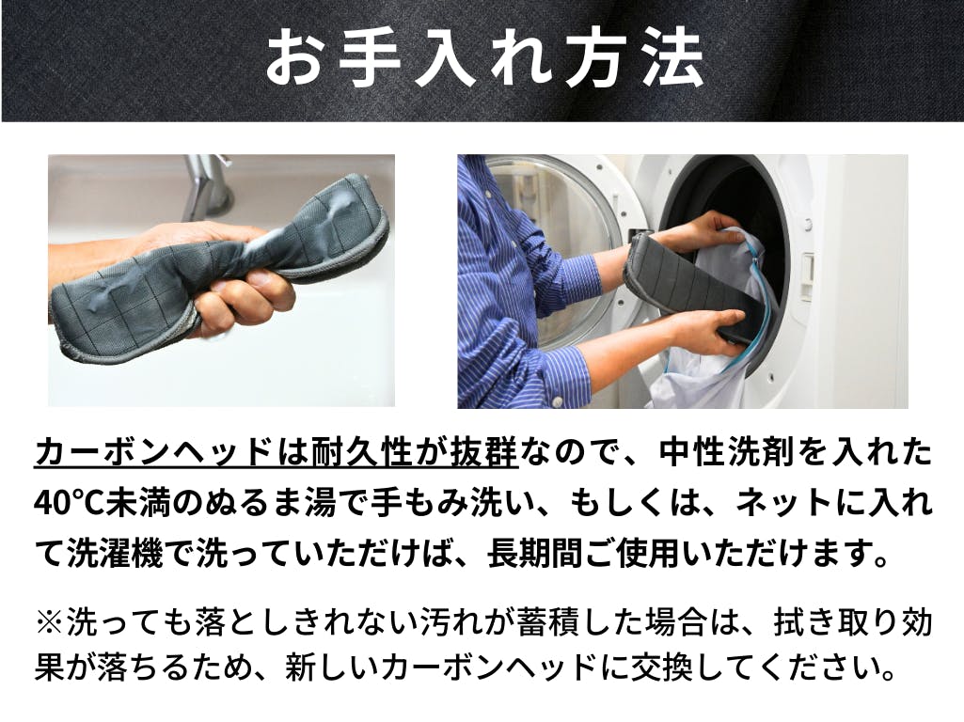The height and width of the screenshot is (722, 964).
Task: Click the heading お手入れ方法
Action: (x=483, y=59)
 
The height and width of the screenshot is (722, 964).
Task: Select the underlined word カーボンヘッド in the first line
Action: (x=153, y=454)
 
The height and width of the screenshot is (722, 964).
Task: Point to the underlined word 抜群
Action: (x=484, y=454)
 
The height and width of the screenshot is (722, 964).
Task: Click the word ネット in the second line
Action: (x=786, y=504)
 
